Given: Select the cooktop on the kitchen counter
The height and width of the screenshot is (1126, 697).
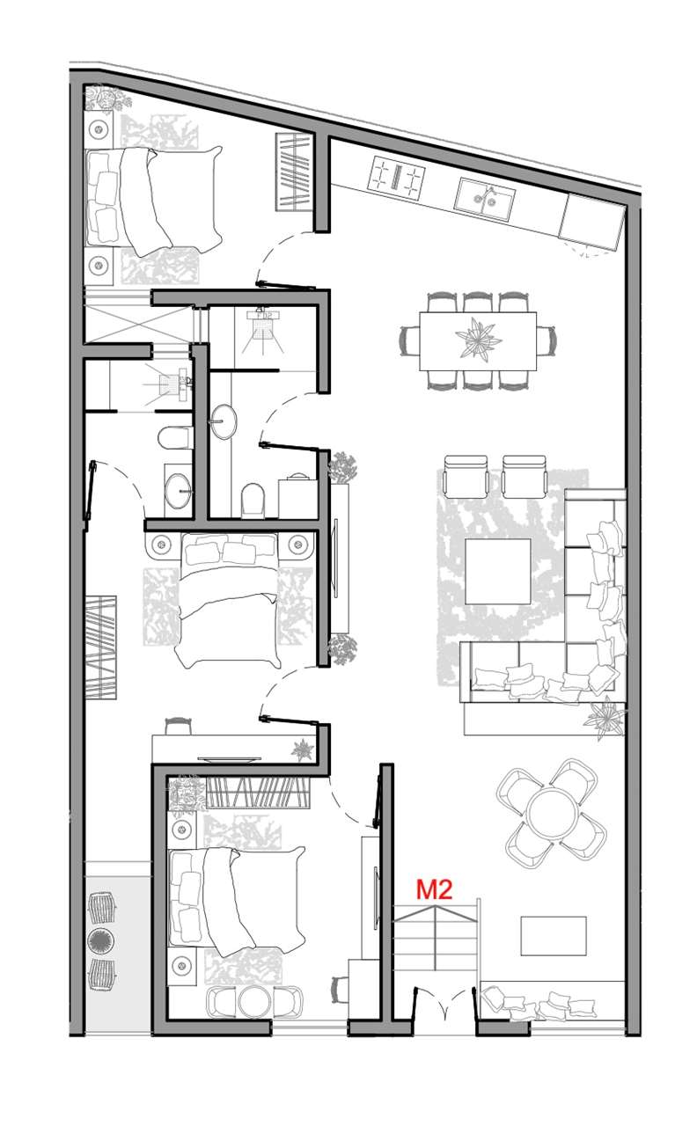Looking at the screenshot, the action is (396, 176).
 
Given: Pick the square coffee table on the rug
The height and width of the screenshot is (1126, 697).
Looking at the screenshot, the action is (498, 571).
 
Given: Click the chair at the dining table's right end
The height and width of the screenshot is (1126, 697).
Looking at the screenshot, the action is (547, 340).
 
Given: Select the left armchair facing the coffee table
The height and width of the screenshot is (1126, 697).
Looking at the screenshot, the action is (466, 476).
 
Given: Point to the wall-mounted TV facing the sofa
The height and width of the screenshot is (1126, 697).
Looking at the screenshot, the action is (335, 558).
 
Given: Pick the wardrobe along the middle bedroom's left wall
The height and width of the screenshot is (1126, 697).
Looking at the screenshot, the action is (101, 647).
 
